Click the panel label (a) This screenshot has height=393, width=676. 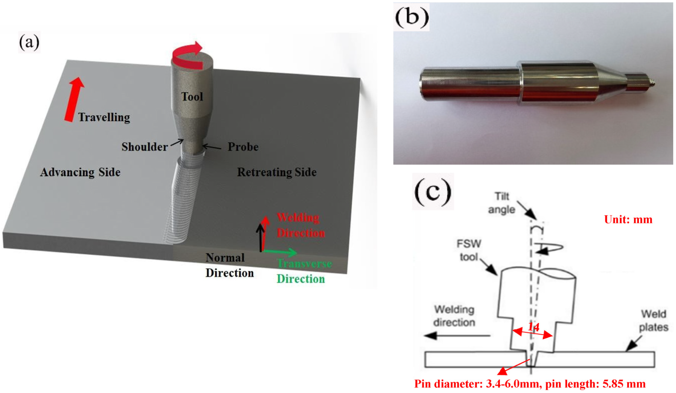29,42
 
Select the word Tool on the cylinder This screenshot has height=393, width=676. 192,97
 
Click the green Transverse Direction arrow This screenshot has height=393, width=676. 280,252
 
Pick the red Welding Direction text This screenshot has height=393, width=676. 301,225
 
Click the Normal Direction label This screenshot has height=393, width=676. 229,265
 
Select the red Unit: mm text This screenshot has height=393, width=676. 628,219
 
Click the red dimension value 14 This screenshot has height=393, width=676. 533,327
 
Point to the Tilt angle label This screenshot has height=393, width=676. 502,203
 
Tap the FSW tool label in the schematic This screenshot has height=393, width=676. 469,250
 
